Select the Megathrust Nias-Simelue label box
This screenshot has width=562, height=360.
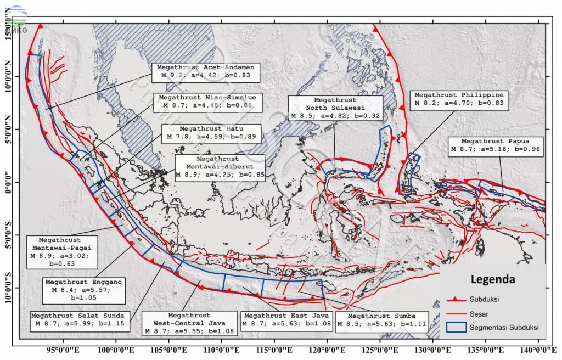(207, 102)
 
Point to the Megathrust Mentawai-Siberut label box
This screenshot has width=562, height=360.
(220, 167)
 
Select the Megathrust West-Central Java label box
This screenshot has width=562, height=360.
(189, 324)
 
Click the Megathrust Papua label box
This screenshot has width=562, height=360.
(495, 145)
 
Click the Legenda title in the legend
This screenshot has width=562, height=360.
(492, 279)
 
